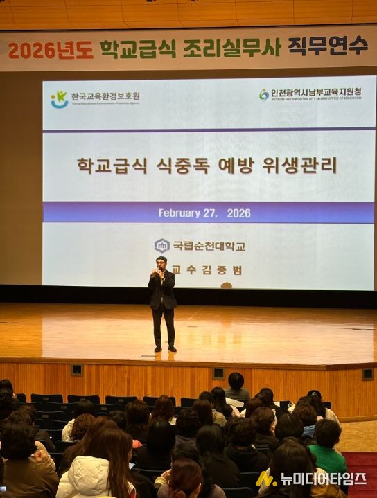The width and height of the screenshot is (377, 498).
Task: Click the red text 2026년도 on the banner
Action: [50, 50]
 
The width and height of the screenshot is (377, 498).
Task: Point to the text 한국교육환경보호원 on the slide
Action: [105, 96]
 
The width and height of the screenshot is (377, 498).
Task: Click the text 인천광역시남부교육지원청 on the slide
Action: [316, 92]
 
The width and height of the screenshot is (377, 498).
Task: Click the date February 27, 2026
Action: [204, 213]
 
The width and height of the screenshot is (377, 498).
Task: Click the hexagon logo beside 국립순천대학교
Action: [161, 246]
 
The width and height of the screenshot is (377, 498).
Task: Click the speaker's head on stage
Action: [161, 263]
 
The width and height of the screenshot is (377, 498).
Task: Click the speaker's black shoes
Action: [165, 348]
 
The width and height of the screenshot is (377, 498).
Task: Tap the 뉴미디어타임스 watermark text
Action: [322, 479]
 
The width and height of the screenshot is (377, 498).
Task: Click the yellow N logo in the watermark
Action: [265, 479]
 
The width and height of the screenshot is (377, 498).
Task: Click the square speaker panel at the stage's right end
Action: [367, 374]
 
